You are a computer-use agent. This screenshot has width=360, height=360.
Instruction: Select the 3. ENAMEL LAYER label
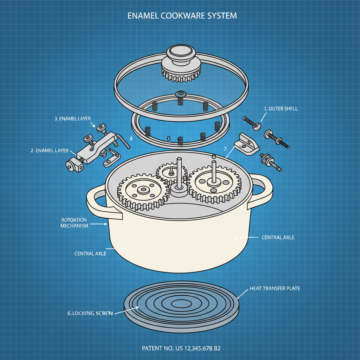[72, 118]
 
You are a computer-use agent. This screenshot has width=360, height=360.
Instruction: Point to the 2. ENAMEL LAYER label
[49, 150]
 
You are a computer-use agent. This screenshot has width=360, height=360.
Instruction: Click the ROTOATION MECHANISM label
[74, 223]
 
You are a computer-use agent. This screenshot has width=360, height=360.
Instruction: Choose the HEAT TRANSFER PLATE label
[275, 288]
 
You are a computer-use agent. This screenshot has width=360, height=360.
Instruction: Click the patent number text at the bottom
[181, 348]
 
